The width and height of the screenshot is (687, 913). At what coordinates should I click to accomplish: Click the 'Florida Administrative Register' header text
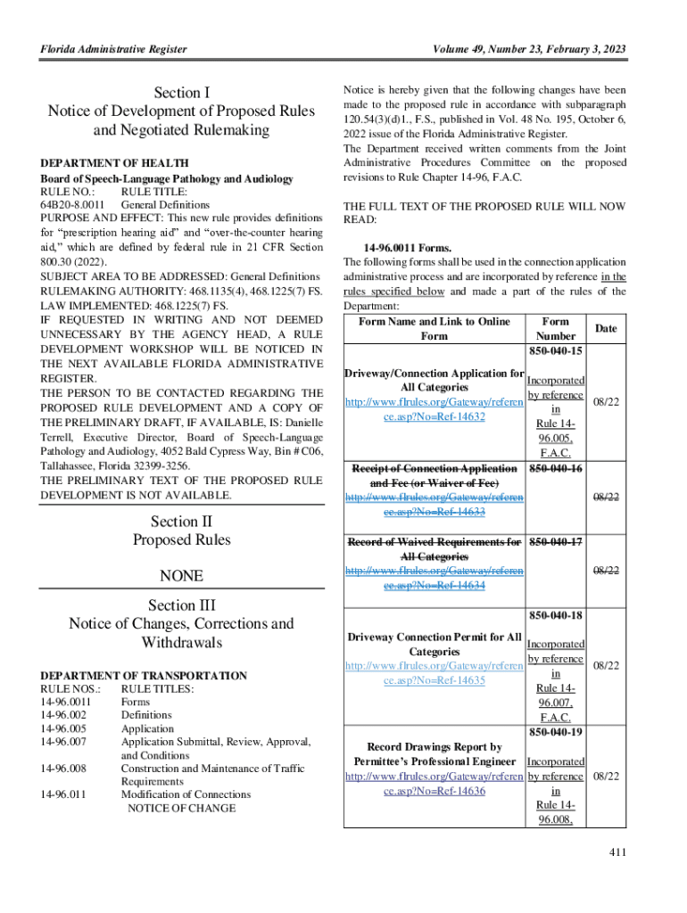[x=114, y=49]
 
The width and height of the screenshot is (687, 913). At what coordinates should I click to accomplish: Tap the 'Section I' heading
[x=182, y=93]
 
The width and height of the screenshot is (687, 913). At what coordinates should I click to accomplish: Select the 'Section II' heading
[x=182, y=521]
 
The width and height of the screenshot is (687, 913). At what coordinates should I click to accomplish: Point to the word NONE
[x=182, y=575]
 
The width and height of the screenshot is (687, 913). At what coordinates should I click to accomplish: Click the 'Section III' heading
[x=182, y=605]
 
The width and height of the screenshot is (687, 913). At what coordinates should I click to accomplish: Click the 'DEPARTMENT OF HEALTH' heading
[x=115, y=163]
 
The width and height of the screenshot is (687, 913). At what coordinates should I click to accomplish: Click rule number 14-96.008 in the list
[x=64, y=768]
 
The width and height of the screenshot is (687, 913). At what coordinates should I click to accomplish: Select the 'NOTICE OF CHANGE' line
[x=181, y=808]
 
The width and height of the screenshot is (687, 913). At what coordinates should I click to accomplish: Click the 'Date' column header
[x=606, y=329]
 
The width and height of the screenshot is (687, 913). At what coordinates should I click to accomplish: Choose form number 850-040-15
[x=556, y=352]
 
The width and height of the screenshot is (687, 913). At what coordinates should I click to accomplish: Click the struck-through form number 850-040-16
[x=556, y=468]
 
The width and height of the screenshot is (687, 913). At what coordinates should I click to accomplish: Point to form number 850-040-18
[x=556, y=616]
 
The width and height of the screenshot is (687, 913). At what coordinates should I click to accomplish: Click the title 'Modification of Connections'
[x=186, y=794]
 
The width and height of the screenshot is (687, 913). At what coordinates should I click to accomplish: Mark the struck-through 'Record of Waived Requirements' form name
[x=435, y=541]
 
